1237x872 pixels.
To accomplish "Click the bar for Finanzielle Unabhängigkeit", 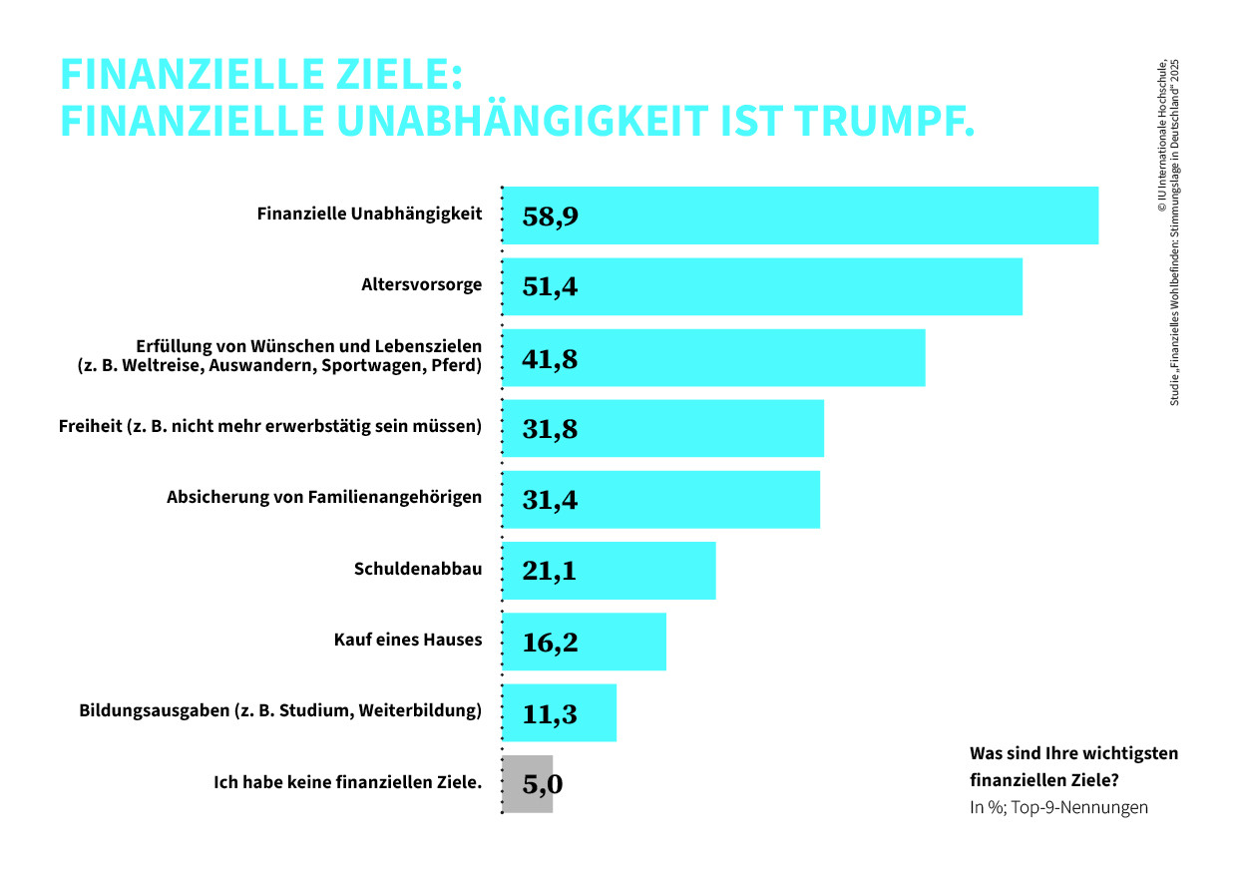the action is pos(800,216).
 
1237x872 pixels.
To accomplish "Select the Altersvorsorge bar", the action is pos(762,286).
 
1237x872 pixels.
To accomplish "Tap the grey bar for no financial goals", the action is pos(528,784).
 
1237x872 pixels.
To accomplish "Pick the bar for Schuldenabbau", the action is pos(610,571).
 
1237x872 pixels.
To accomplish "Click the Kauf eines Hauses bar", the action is pos(585,642).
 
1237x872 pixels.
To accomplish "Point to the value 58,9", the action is pos(550,217).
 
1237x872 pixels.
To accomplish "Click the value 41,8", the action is pos(550,359).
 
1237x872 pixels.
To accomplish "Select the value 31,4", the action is pos(550,500).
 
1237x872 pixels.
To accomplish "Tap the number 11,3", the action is pos(550,714).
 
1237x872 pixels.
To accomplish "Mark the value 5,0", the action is pos(543,785).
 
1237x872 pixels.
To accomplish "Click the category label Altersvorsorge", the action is pos(421,285).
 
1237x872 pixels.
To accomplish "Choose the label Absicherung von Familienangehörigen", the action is pos(324,498).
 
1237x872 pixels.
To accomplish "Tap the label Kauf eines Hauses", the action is pos(408,640).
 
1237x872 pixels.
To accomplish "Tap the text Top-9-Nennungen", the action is pos(1079,807).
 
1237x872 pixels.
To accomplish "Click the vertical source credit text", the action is pos(1168,232).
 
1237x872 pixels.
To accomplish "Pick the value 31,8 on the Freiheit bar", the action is pos(550,430).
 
